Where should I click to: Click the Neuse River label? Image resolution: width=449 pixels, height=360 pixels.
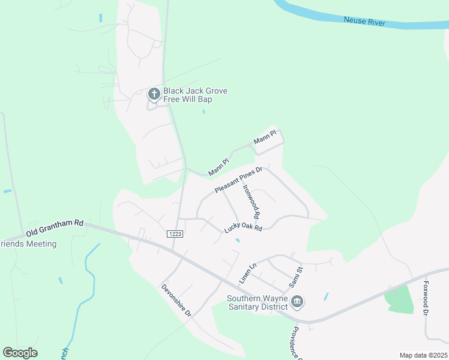[364, 22]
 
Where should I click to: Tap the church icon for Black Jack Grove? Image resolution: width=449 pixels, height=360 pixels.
[154, 94]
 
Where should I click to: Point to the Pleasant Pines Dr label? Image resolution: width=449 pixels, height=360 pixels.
[239, 181]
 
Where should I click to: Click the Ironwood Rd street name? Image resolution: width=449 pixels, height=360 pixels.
[252, 200]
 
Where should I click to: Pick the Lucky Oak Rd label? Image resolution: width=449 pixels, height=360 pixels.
[243, 227]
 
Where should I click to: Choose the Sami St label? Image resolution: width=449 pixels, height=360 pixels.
[298, 277]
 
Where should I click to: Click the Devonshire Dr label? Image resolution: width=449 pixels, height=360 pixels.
[176, 300]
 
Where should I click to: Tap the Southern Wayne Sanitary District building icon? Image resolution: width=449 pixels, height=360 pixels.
[297, 301]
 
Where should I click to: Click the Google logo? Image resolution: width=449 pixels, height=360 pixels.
[20, 353]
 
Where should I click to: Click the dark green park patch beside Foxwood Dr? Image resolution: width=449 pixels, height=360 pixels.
[399, 299]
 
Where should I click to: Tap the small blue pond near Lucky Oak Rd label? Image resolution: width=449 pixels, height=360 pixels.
[238, 241]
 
